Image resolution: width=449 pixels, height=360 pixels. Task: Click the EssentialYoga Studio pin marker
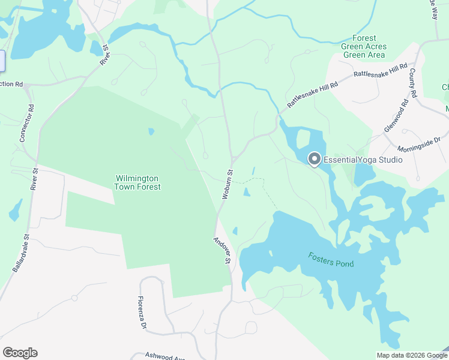coord(314,159)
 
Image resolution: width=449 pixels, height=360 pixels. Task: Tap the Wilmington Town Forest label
coord(137,183)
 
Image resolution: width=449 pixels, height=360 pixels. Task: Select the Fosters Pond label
coord(331,260)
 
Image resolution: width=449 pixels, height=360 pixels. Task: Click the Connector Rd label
coord(27,123)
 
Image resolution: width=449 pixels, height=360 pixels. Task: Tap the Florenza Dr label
coord(142,312)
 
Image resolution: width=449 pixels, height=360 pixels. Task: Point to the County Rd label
coord(413,83)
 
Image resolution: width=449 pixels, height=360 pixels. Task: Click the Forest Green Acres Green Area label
coord(364,46)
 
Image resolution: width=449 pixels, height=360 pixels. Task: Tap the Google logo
coord(20,353)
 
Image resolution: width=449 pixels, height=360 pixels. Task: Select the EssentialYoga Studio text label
coord(363,160)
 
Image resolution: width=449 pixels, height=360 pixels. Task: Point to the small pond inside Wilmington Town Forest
coord(150,131)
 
